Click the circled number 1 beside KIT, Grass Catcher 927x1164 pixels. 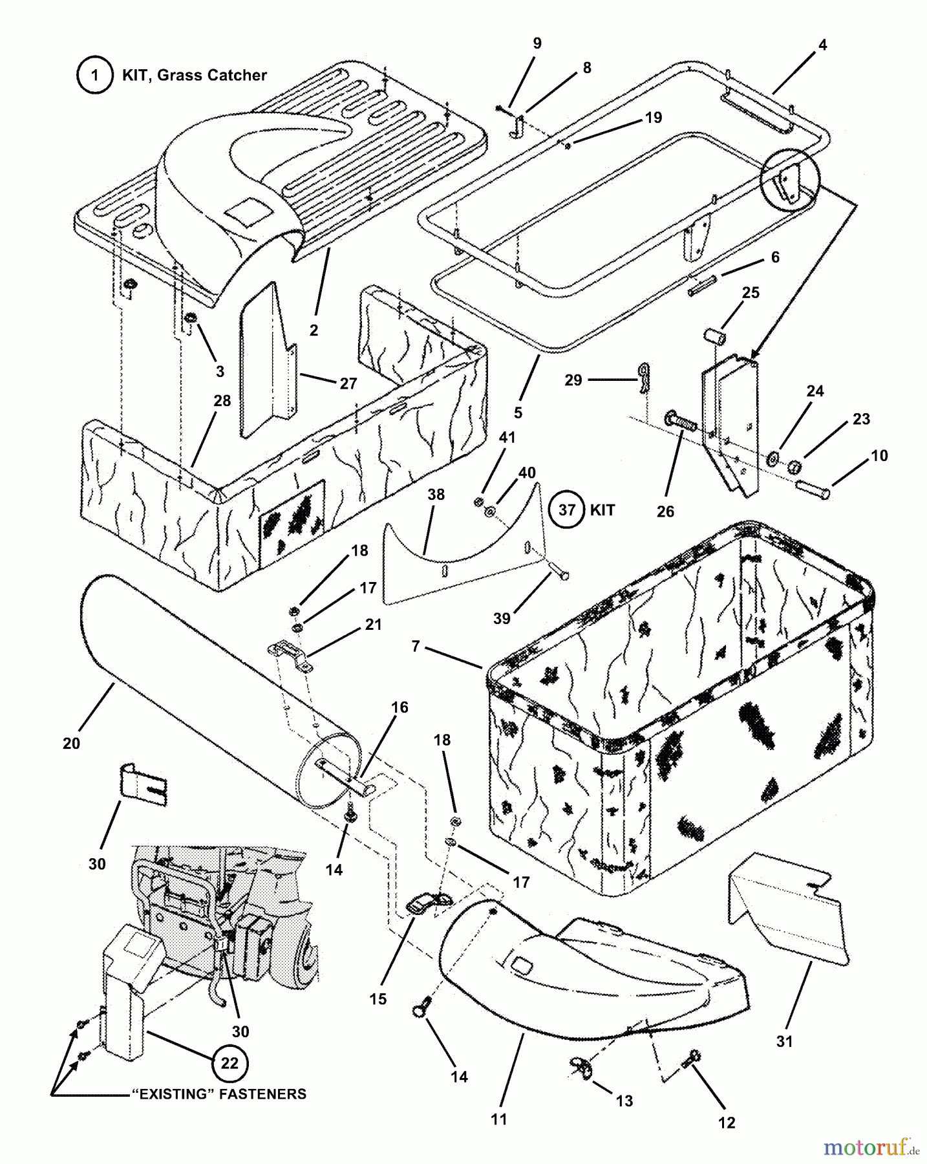[x=95, y=76]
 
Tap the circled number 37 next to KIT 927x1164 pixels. [x=567, y=510]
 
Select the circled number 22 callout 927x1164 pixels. [x=230, y=1063]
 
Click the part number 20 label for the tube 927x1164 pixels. [x=71, y=744]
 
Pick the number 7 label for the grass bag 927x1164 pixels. [x=416, y=645]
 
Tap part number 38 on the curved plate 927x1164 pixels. [x=436, y=495]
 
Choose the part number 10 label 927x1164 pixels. [x=879, y=455]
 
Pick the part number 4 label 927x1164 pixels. [x=822, y=45]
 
